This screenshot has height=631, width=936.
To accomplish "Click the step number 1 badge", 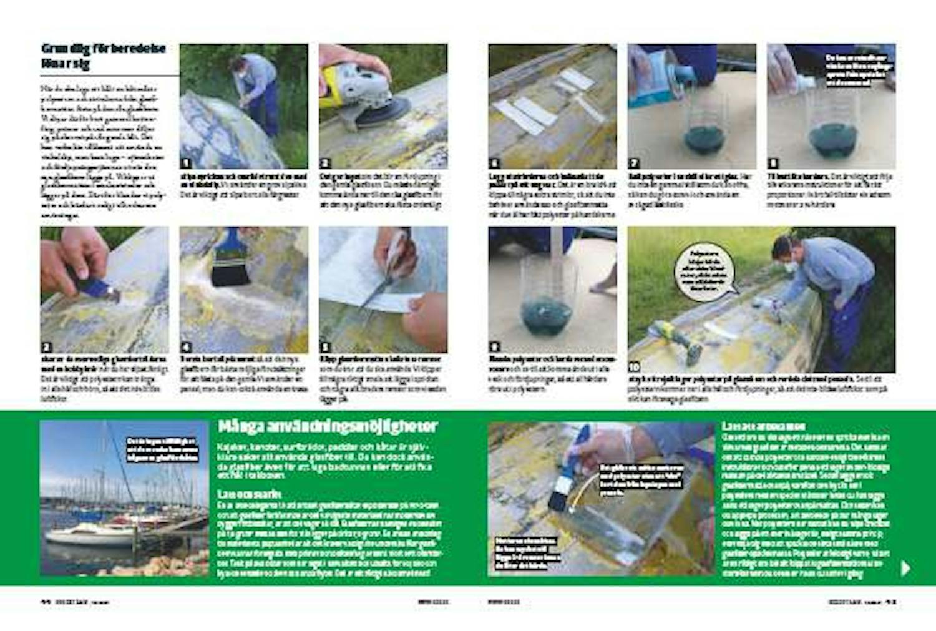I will [185, 164].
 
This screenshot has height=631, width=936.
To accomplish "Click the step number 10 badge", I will [635, 367].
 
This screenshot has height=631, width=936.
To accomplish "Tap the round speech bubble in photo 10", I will [704, 272].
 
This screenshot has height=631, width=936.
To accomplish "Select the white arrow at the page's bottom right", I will [906, 567].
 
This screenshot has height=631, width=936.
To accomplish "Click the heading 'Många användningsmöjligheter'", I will [328, 427].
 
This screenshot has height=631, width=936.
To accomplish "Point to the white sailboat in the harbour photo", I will [87, 534].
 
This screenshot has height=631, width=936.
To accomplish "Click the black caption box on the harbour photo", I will [162, 450].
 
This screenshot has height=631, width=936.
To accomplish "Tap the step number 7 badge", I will [634, 164].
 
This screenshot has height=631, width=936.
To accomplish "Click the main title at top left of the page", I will [103, 56].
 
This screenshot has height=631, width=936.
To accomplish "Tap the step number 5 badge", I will [324, 347].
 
